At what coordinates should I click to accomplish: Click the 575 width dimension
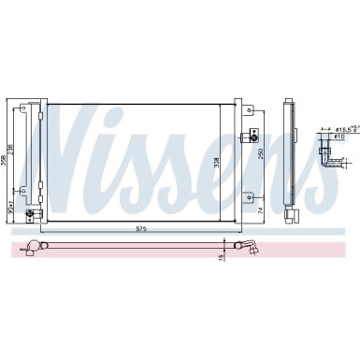tap(140, 228)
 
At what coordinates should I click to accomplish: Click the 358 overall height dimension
tap(6, 161)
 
